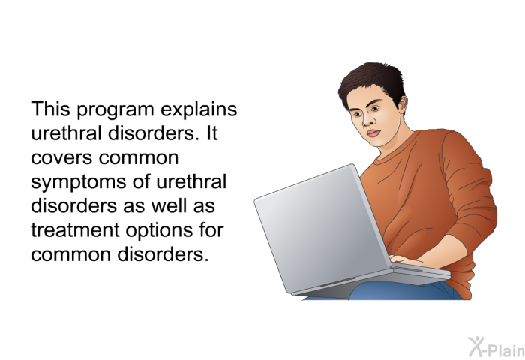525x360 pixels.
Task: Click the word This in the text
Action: [50, 109]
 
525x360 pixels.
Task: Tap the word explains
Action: [199, 109]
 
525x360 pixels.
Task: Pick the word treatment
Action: [75, 230]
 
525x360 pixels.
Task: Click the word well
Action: [169, 205]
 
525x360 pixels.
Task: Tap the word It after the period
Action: [212, 133]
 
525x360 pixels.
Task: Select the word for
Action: [211, 229]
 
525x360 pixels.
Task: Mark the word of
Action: [141, 181]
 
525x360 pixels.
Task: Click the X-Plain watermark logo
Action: [496, 346]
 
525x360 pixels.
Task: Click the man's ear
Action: [402, 104]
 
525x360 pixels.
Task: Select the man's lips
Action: [373, 133]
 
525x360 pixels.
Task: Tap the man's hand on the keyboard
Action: [406, 259]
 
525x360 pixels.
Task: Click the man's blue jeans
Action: [402, 291]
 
